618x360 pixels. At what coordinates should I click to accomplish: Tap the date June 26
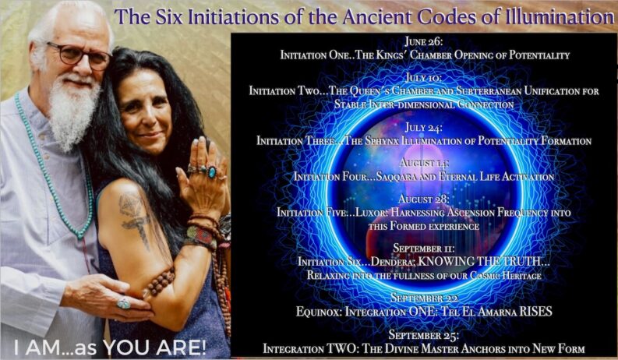[x=424, y=41]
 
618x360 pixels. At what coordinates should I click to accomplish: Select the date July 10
[x=424, y=78]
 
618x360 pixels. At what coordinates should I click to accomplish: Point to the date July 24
[x=424, y=128]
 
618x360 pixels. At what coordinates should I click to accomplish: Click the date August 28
[x=424, y=199]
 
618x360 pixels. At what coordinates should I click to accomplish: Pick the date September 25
[x=424, y=335]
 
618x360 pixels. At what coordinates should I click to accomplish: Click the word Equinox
[x=319, y=312]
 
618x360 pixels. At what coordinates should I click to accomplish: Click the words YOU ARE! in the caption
[x=155, y=348]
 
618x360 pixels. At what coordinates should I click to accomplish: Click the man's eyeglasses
[x=78, y=55]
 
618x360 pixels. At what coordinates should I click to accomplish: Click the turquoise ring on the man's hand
[x=123, y=303]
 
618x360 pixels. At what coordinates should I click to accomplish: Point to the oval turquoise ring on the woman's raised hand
[x=212, y=172]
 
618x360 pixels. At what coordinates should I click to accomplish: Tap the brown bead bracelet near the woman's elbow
[x=161, y=281]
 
